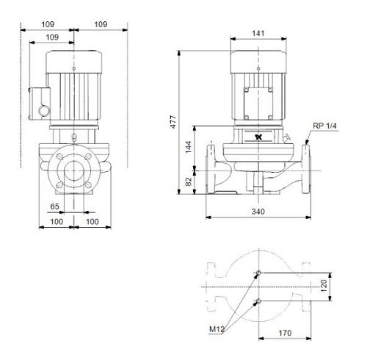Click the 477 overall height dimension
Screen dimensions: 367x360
[173, 122]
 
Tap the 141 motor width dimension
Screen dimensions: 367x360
[258, 33]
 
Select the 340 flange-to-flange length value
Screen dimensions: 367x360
[258, 212]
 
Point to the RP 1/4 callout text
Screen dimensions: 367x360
[324, 126]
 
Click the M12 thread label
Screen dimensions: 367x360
[217, 329]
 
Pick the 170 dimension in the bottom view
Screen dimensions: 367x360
[285, 333]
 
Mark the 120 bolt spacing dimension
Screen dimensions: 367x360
[324, 286]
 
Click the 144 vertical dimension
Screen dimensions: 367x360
[188, 147]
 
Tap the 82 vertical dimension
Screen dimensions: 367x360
[188, 181]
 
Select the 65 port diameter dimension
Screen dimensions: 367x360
[54, 206]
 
